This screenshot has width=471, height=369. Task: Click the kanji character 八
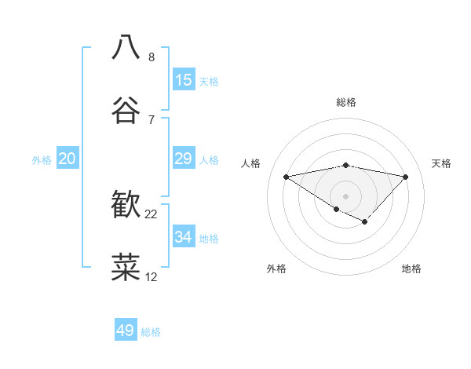pos(126,46)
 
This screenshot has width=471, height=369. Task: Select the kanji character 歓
pos(126,205)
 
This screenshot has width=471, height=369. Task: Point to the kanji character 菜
pos(126,268)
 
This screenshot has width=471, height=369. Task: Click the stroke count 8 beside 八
pos(151,57)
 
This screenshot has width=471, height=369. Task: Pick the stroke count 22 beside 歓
pos(152,214)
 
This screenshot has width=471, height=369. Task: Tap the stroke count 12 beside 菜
pos(152,277)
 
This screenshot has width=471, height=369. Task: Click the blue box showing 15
pos(184,80)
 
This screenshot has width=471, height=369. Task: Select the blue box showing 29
pos(184,159)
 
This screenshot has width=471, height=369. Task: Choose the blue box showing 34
pos(184,236)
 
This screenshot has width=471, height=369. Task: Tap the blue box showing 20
pos(68,159)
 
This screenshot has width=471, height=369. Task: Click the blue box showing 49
pos(126,331)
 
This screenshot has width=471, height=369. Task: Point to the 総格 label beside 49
pos(151,332)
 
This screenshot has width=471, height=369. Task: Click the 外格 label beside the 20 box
pos(42,160)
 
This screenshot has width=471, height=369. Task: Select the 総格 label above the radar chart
pos(346,102)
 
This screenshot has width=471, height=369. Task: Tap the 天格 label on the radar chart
pos(442,163)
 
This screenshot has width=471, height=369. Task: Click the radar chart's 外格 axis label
pos(276,269)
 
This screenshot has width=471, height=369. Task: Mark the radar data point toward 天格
pos(406,177)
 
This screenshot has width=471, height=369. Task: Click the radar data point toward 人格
pos(286,177)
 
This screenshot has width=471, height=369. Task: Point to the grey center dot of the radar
pos(345,195)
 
